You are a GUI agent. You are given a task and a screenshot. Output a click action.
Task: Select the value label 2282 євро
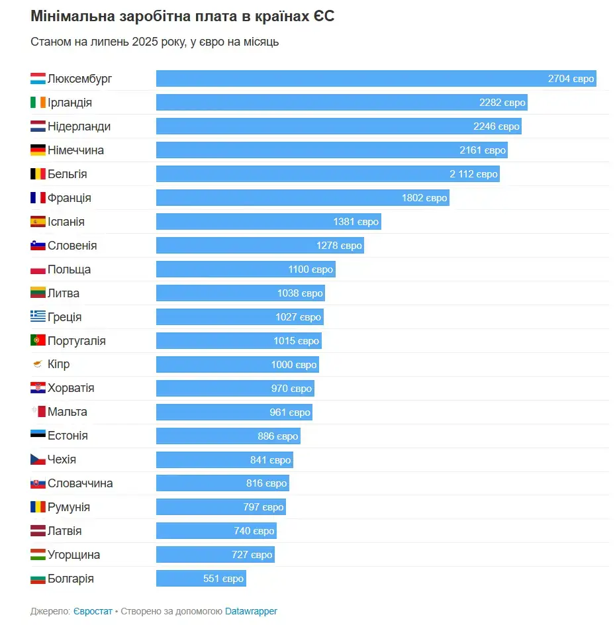point(502,103)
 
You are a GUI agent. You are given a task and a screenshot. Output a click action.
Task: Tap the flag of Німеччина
point(38,150)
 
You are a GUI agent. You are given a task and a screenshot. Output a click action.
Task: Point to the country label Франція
point(70,198)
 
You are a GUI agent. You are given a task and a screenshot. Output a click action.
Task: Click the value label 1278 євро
point(339,246)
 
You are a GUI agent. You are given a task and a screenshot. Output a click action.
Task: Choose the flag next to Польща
point(38,269)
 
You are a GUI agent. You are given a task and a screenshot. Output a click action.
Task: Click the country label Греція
point(65,317)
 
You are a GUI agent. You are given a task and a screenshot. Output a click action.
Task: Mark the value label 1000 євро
point(294,365)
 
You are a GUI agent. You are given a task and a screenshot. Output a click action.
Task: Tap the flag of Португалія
point(38,341)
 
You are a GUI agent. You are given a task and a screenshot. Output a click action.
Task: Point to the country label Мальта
point(68,412)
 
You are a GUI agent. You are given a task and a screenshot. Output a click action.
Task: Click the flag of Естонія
point(38,436)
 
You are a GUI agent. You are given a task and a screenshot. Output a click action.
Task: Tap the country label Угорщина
point(74,555)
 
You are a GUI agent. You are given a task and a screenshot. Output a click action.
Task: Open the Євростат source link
point(93,611)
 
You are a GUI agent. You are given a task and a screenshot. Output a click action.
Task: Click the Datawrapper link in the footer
point(251,611)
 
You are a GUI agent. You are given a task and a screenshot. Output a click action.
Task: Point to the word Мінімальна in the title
point(67,17)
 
